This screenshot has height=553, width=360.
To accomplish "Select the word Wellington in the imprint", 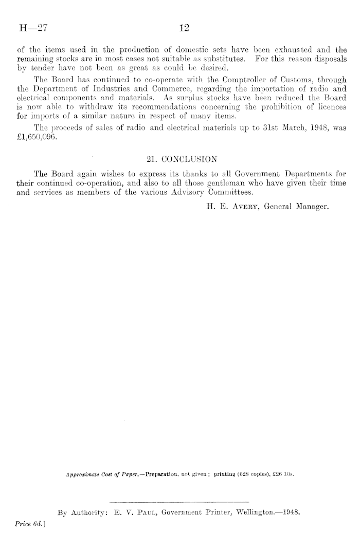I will click(x=244, y=512).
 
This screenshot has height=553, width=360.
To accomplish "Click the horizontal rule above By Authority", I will click(x=179, y=500).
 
